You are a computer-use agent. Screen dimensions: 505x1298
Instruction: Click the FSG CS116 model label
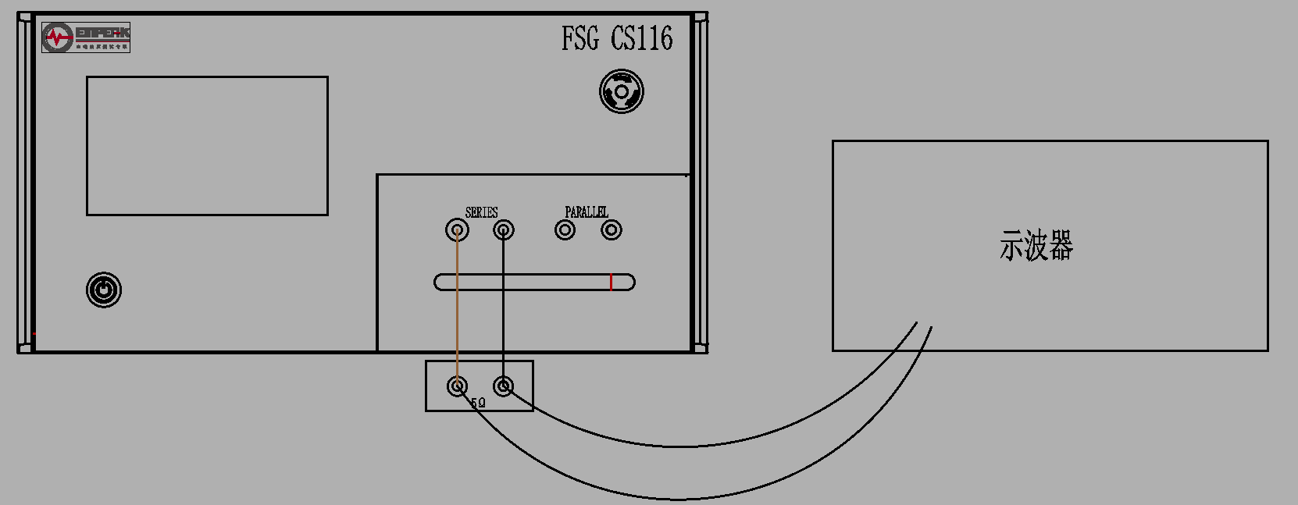(616, 38)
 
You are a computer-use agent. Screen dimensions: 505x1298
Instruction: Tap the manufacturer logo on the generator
(86, 37)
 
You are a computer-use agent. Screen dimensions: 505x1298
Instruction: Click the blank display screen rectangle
(207, 146)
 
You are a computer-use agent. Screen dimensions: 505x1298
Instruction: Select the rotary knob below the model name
(622, 92)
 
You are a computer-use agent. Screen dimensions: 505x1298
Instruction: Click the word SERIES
(481, 212)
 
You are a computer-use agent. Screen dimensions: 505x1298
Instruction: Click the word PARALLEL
(587, 212)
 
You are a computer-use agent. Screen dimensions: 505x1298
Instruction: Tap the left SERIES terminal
(457, 230)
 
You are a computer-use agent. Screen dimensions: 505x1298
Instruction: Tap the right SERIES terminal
(504, 230)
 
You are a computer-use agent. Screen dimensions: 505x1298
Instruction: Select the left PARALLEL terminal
(565, 230)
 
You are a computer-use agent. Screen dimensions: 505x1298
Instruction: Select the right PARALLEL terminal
(612, 230)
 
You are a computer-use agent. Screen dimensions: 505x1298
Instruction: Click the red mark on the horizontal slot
(611, 282)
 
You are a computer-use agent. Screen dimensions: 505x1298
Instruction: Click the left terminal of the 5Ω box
(457, 386)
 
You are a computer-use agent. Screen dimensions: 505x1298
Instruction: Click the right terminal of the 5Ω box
(504, 386)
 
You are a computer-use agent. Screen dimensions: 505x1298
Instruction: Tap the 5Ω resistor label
(478, 404)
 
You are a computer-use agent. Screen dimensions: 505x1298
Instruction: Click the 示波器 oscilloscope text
(1036, 246)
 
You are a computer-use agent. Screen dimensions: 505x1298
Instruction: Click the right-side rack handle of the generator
(700, 183)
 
